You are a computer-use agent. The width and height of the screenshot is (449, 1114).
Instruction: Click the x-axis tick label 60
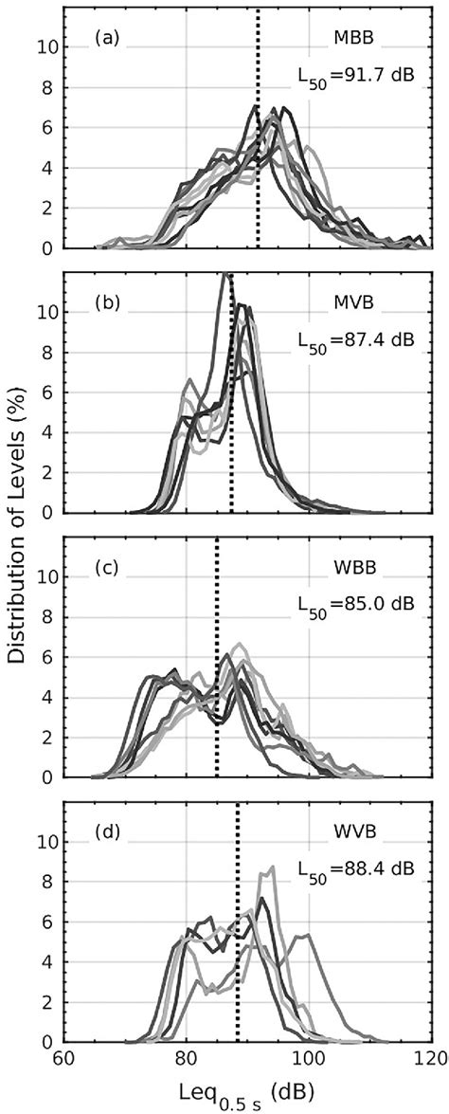pyautogui.click(x=63, y=1059)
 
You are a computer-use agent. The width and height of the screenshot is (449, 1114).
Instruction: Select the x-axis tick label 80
pyautogui.click(x=186, y=1059)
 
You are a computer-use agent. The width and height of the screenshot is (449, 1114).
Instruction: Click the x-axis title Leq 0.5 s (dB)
pyautogui.click(x=247, y=1091)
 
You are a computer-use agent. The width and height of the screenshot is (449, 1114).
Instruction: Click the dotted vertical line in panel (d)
pyautogui.click(x=237, y=948)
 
